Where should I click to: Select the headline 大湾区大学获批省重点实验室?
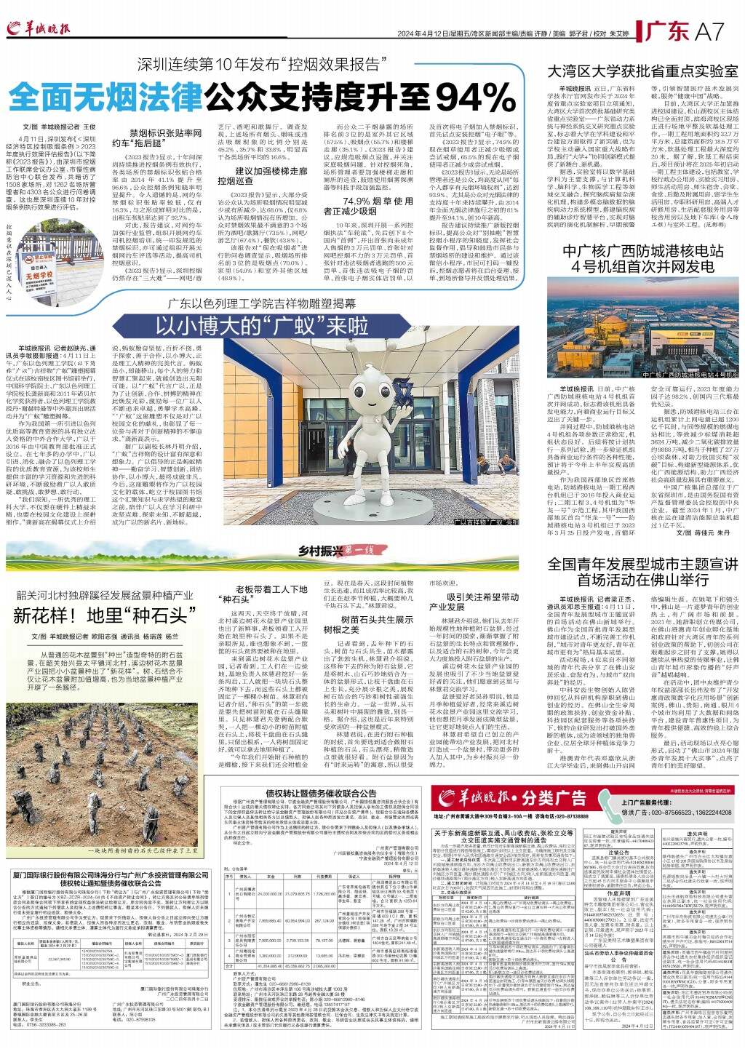[x=642, y=71]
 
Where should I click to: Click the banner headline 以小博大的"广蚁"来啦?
[x=262, y=326]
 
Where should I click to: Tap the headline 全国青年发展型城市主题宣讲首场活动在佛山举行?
[x=642, y=572]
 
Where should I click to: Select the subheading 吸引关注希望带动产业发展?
[x=473, y=601]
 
